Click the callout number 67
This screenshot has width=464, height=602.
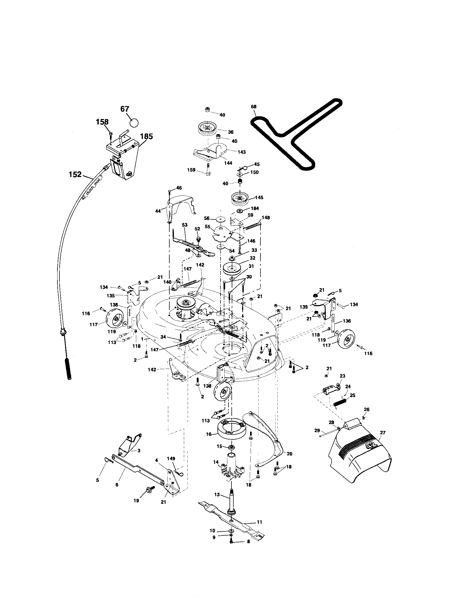(125, 109)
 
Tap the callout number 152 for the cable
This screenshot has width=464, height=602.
(75, 174)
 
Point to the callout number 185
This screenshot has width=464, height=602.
(146, 136)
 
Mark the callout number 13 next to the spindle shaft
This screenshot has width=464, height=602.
(217, 494)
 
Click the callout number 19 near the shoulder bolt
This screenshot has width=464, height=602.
(136, 500)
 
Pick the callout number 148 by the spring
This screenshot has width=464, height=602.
(266, 218)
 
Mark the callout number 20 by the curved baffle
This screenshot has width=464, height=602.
(289, 454)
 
